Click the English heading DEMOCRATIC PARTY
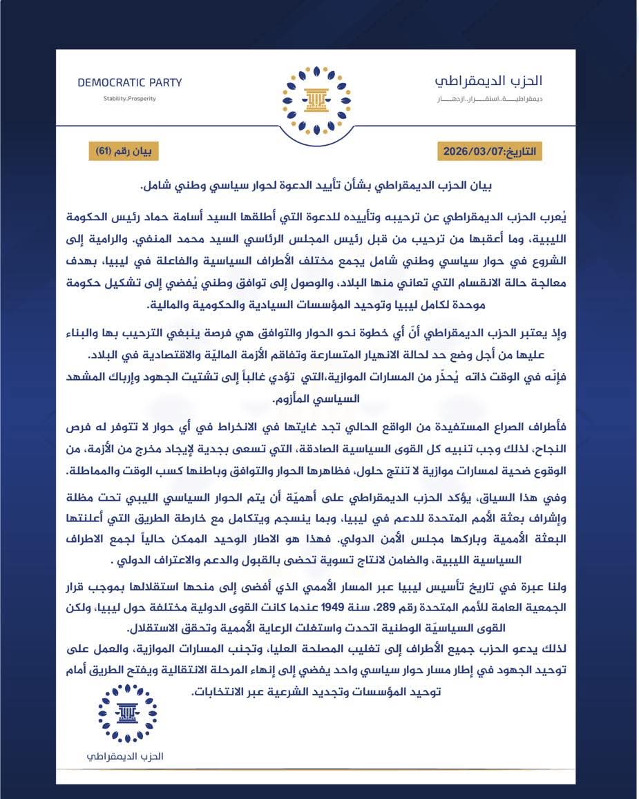click(x=130, y=83)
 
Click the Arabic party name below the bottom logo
click(x=128, y=755)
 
